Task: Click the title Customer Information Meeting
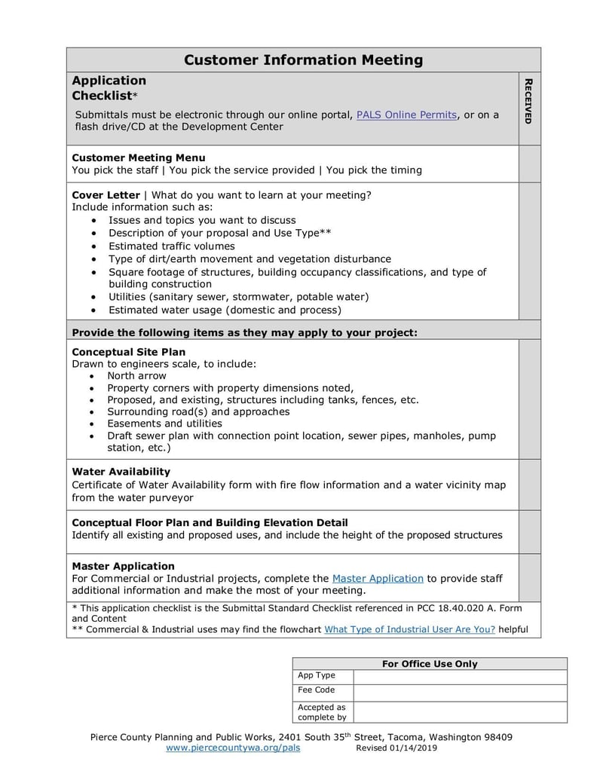[x=303, y=60]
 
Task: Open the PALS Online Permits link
[x=406, y=115]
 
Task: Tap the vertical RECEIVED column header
[x=528, y=101]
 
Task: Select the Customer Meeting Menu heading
[x=138, y=158]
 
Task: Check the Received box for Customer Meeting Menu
[x=529, y=164]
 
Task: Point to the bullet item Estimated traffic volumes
[x=171, y=246]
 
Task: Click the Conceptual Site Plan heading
[x=128, y=352]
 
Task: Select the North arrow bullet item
[x=136, y=375]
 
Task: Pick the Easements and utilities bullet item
[x=164, y=424]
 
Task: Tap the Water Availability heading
[x=121, y=472]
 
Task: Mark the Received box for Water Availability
[x=529, y=485]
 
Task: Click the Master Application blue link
[x=378, y=578]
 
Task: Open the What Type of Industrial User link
[x=409, y=629]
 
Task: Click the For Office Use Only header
[x=430, y=664]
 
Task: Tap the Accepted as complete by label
[x=322, y=712]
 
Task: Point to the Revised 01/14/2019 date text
[x=396, y=748]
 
